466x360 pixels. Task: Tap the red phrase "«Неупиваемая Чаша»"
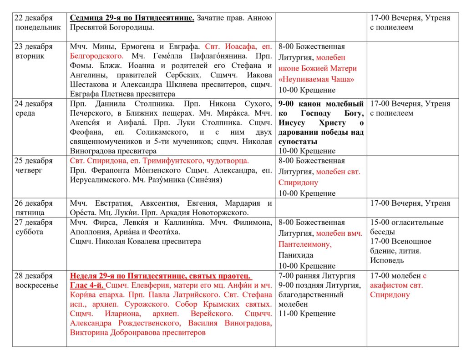pyautogui.click(x=316, y=79)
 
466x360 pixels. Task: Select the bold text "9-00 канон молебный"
pyautogui.click(x=321, y=104)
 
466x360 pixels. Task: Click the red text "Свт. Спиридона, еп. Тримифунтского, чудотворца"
pyautogui.click(x=159, y=161)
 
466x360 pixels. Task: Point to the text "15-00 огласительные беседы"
pyautogui.click(x=406, y=227)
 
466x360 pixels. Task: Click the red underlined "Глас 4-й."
pyautogui.click(x=87, y=285)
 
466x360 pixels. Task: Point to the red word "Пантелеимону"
pyautogui.click(x=305, y=244)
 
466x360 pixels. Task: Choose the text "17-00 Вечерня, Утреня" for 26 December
pyautogui.click(x=410, y=203)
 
